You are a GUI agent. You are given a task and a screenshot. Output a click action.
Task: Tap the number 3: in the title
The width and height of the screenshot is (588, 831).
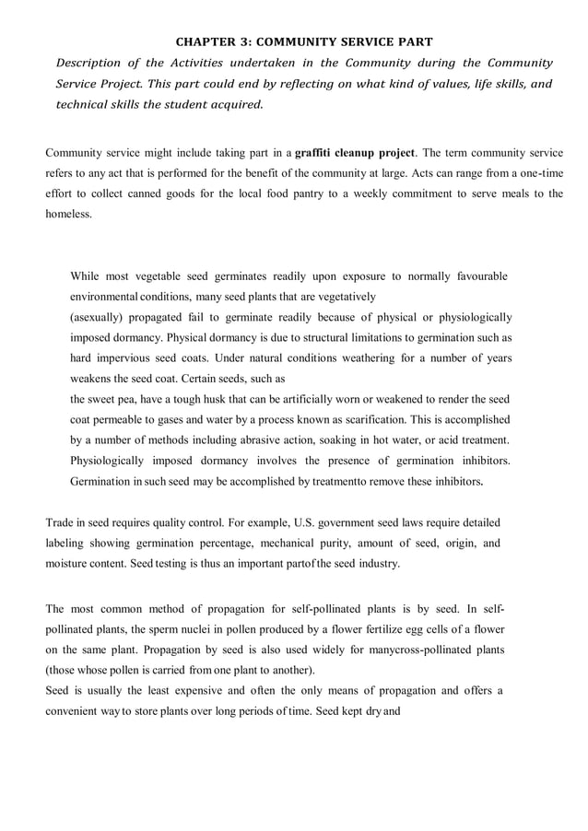click(246, 41)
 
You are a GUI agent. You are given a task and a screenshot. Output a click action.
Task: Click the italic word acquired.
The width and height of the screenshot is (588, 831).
click(236, 105)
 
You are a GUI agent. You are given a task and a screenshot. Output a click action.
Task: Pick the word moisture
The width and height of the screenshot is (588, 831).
click(69, 564)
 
